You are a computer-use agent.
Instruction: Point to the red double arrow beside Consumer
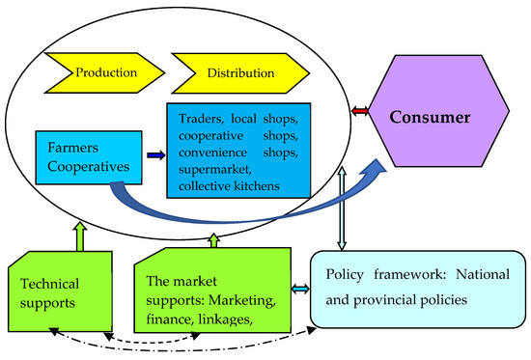360,114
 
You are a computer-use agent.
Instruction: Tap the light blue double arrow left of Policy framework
299,289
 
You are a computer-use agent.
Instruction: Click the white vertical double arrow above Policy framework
337,219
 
